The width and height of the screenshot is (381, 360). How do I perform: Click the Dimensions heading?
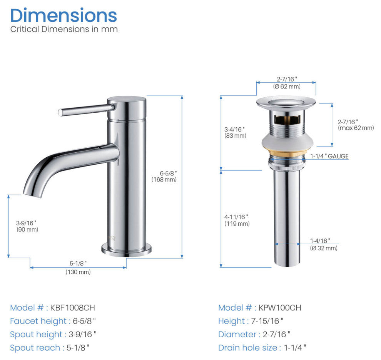pyautogui.click(x=63, y=16)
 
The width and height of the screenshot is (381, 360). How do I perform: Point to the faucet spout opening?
pyautogui.click(x=32, y=195)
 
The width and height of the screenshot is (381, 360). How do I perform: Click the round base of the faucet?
pyautogui.click(x=126, y=251)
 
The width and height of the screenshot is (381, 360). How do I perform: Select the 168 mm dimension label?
pyautogui.click(x=164, y=180)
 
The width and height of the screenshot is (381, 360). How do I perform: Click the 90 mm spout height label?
pyautogui.click(x=27, y=230)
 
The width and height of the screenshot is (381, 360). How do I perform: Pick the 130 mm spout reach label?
pyautogui.click(x=78, y=272)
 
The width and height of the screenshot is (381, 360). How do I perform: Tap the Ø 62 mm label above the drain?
pyautogui.click(x=287, y=87)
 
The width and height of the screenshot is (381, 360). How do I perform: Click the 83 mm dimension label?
pyautogui.click(x=235, y=136)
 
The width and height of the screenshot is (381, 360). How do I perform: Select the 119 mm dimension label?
pyautogui.click(x=237, y=224)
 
